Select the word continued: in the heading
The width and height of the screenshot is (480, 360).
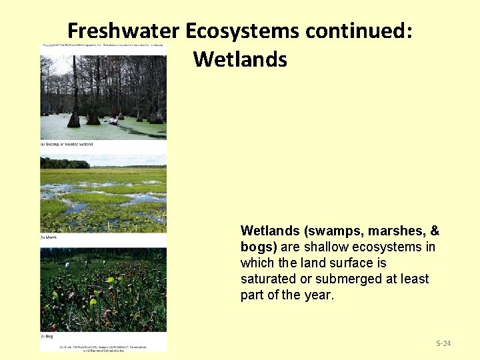tap(359, 31)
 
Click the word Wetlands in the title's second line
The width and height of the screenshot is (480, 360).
tap(240, 59)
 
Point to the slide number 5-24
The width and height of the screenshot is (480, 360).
tap(443, 343)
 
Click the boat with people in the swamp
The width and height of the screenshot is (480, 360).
tap(114, 121)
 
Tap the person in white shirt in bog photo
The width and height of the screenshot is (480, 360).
tap(67, 265)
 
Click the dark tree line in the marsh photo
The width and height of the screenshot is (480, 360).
tap(65, 163)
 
